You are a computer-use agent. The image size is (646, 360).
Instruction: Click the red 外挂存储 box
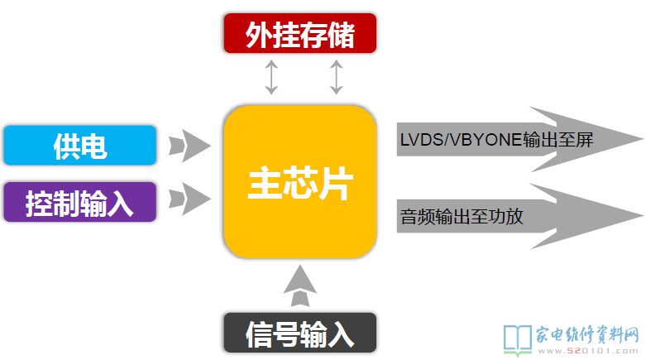point(299,34)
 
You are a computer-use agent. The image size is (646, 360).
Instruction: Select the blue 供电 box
point(79,146)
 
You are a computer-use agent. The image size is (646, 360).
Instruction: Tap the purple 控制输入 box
point(79,202)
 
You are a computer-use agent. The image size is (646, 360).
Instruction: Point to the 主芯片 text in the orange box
point(299,184)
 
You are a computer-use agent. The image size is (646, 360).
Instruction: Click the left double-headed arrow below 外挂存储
point(271,76)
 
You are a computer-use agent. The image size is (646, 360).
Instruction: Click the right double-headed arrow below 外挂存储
point(335,76)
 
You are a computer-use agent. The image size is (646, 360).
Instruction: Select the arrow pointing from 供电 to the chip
point(189,146)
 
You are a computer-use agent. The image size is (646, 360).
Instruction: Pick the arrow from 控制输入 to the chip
point(189,199)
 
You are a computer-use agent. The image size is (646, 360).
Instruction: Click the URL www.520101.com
point(586,351)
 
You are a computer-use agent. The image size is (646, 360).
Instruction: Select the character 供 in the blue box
point(66,146)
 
